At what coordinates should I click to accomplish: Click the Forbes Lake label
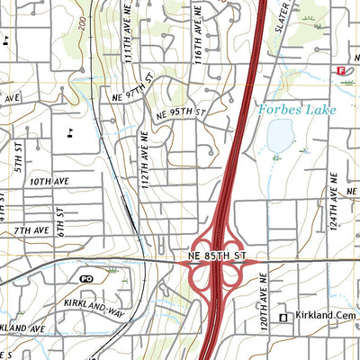pos(296,110)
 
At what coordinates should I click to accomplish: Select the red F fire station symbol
pos(341,70)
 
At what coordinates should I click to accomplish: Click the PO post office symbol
pos(87,280)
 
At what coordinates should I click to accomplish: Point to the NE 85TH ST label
pos(218,256)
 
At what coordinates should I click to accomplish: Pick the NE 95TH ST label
pos(181,114)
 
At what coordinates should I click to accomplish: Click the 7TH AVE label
pos(30,231)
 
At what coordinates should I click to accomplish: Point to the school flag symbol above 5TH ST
pos(70,132)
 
